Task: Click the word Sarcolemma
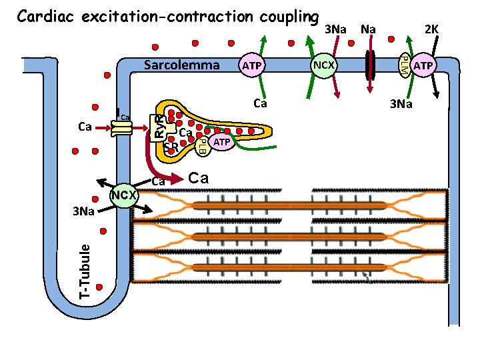point(182,65)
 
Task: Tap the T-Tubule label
point(84,270)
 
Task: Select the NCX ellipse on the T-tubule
point(123,195)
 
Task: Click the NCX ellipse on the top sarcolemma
point(325,65)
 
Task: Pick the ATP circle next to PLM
point(423,65)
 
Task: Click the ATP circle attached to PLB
point(222,143)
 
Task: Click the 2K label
point(431,29)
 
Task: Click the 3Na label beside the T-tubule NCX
point(85,211)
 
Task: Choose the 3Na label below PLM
point(401,104)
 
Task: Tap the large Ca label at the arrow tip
point(199,178)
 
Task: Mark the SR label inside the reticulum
point(171,146)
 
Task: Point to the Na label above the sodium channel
point(367,29)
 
